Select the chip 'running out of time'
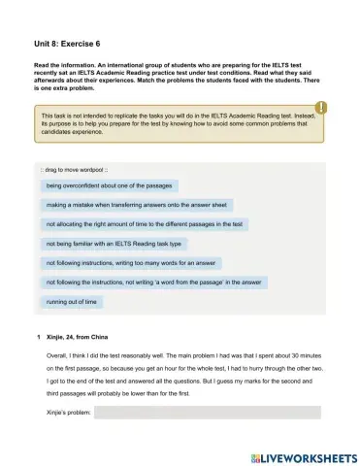coord(72,302)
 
